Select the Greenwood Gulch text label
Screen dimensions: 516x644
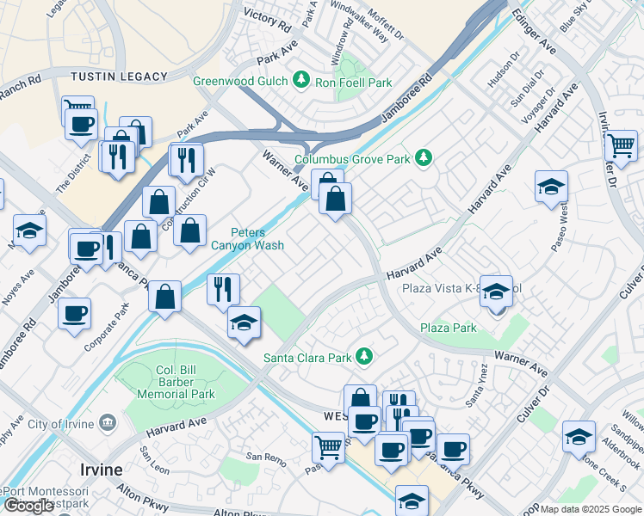click(x=240, y=83)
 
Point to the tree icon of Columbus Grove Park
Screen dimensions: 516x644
click(x=423, y=157)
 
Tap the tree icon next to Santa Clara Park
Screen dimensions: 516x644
click(x=365, y=355)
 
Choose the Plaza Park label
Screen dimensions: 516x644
click(x=448, y=328)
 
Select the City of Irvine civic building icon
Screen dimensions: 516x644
click(x=108, y=422)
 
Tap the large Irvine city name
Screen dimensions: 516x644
click(x=101, y=470)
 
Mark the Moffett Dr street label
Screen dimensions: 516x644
click(x=385, y=23)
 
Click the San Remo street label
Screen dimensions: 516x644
click(x=265, y=456)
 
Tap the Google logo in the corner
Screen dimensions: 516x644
click(x=29, y=506)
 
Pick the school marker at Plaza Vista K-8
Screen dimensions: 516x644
click(x=496, y=293)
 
